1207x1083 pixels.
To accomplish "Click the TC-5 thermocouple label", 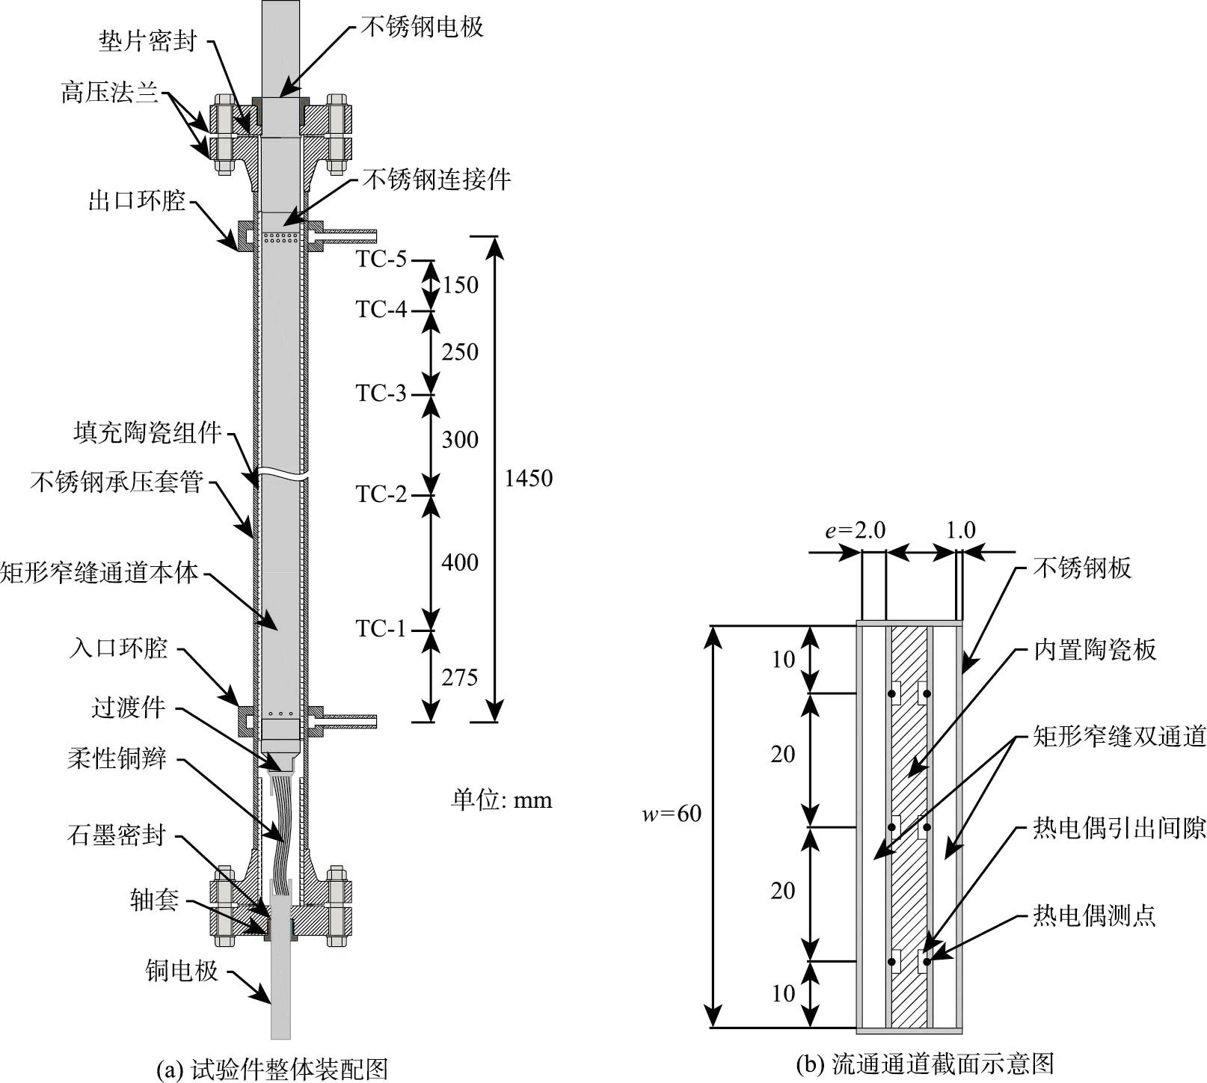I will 381,260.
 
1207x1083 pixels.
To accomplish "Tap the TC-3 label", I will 381,393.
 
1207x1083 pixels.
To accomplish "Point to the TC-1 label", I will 381,629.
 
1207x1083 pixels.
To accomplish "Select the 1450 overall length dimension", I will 528,478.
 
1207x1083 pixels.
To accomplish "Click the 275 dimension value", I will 459,678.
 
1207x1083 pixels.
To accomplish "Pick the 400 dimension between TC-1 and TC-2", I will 459,562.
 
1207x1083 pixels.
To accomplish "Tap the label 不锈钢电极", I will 423,27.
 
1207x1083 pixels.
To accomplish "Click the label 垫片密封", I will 147,41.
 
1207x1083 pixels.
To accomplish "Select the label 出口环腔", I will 137,201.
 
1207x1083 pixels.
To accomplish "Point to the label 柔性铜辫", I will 117,760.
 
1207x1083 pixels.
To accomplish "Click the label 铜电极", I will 182,971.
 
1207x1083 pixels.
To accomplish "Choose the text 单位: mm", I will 501,800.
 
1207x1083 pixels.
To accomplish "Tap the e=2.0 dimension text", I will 855,530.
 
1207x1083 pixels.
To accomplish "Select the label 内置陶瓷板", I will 1094,650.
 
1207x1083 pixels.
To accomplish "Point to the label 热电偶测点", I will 1094,915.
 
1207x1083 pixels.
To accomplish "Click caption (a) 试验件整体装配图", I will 273,1069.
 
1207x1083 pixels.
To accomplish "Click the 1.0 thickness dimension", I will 960,530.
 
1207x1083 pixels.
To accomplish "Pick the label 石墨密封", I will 116,835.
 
